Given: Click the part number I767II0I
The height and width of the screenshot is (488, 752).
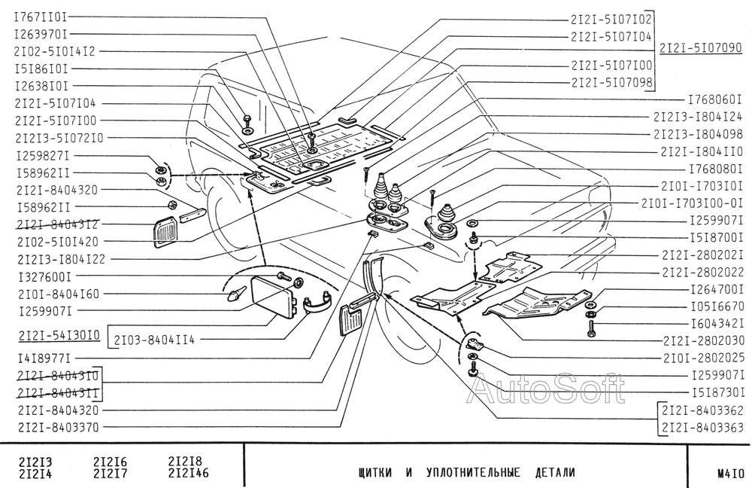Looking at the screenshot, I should [x=41, y=16].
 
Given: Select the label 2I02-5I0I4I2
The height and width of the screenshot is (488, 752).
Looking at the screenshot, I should [x=55, y=51].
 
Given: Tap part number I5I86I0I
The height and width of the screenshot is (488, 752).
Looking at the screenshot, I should [x=41, y=69].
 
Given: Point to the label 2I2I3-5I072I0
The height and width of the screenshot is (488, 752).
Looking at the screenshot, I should [x=59, y=138].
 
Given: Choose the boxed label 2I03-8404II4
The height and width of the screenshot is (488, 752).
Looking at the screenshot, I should [x=155, y=340].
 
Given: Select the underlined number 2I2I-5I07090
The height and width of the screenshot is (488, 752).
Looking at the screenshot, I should [x=701, y=48].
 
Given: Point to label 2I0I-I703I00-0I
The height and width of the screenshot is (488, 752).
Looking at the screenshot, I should [x=692, y=203].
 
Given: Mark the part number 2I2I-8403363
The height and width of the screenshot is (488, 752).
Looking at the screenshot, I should [x=701, y=428].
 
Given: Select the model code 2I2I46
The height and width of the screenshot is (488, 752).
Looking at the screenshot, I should [x=188, y=474].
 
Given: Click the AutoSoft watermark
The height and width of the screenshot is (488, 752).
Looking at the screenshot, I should [x=546, y=389].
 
